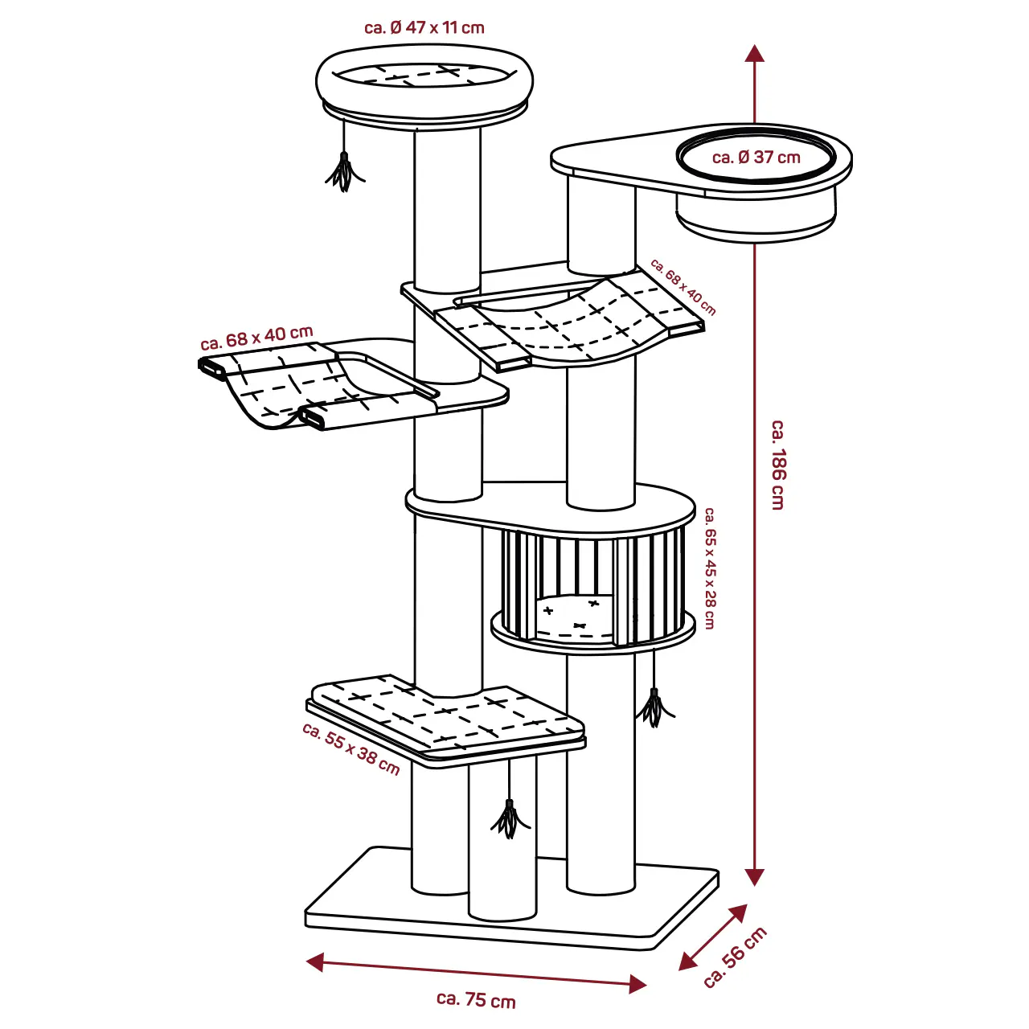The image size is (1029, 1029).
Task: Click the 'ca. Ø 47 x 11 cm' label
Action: [x=424, y=27]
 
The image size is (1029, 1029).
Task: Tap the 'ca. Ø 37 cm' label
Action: [x=756, y=158]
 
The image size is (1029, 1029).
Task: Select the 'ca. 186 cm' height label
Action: [x=777, y=464]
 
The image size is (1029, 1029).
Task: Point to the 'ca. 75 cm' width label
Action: [x=476, y=999]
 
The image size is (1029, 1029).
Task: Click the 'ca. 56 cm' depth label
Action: [x=735, y=957]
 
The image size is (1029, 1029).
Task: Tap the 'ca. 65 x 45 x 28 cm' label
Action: [x=709, y=568]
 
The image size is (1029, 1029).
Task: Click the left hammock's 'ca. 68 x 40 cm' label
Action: [x=257, y=338]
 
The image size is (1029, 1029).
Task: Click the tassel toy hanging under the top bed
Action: [x=345, y=171]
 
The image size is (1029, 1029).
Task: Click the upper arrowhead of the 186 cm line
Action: [x=754, y=53]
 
